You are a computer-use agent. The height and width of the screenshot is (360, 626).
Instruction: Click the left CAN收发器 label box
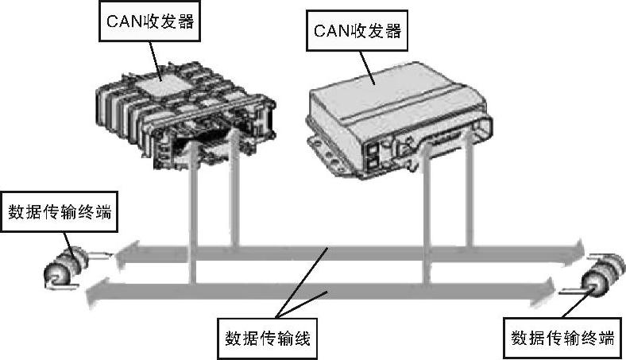pyautogui.click(x=149, y=21)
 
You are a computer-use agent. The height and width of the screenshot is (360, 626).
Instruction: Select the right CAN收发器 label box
pyautogui.click(x=357, y=31)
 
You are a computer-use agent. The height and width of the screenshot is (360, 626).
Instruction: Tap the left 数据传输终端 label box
pyautogui.click(x=60, y=211)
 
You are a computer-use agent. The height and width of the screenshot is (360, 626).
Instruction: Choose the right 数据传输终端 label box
pyautogui.click(x=563, y=338)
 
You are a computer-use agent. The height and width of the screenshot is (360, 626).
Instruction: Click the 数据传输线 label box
pyautogui.click(x=267, y=339)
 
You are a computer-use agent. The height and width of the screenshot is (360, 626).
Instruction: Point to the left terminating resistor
pyautogui.click(x=66, y=267)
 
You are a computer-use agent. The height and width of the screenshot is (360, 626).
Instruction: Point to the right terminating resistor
pyautogui.click(x=601, y=276)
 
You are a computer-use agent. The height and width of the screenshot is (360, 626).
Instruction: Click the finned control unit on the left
pyautogui.click(x=186, y=114)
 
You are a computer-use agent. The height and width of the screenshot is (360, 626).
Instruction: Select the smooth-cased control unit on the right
pyautogui.click(x=400, y=120)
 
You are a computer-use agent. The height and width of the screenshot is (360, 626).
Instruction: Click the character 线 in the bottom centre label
pyautogui.click(x=302, y=339)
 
